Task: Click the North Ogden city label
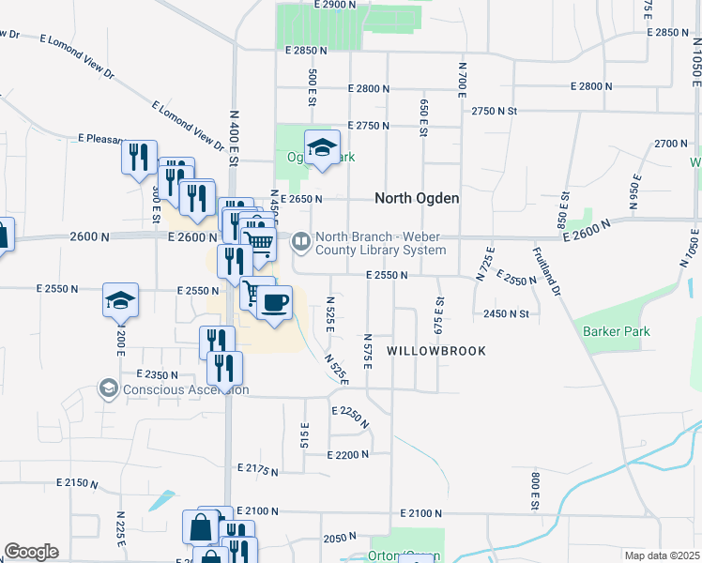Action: (x=417, y=198)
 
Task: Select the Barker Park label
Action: (x=616, y=331)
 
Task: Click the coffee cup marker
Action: (x=274, y=303)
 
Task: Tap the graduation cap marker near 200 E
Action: (x=120, y=300)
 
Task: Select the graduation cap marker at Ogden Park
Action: (x=322, y=147)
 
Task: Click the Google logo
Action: (x=31, y=552)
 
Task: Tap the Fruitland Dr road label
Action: (x=546, y=272)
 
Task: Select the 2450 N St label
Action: (x=506, y=314)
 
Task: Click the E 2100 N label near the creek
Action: (x=420, y=513)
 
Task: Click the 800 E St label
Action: (x=534, y=491)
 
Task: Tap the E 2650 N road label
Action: (x=301, y=199)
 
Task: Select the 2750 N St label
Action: (x=495, y=111)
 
